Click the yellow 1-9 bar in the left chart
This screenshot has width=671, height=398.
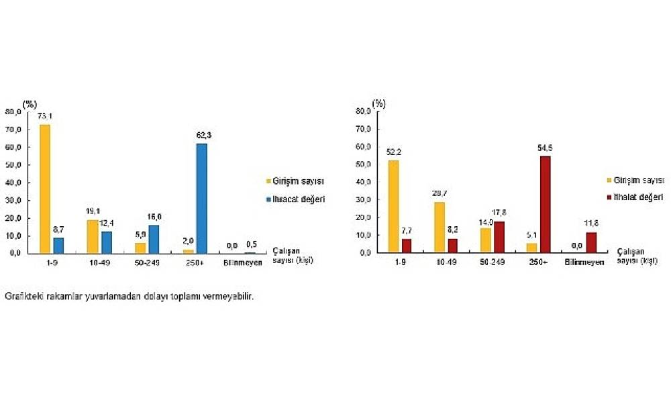pyautogui.click(x=45, y=189)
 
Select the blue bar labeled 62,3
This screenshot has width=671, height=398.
pyautogui.click(x=201, y=198)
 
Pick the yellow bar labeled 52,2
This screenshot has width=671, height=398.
pyautogui.click(x=393, y=206)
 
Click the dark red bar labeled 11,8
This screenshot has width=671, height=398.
pyautogui.click(x=590, y=242)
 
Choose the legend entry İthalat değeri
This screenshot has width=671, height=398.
pyautogui.click(x=637, y=197)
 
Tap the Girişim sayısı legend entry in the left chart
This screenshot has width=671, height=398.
pyautogui.click(x=295, y=181)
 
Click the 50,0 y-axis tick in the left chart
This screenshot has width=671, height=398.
pyautogui.click(x=13, y=164)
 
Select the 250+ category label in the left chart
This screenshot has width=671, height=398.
pyautogui.click(x=195, y=262)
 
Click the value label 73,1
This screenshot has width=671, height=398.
pyautogui.click(x=45, y=117)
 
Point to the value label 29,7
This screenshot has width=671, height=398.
pyautogui.click(x=440, y=194)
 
